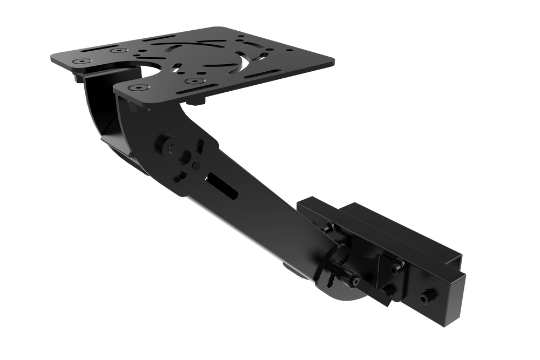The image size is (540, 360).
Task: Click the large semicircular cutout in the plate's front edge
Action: pyautogui.click(x=154, y=72)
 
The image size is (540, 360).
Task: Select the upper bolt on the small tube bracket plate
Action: pyautogui.click(x=398, y=265)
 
